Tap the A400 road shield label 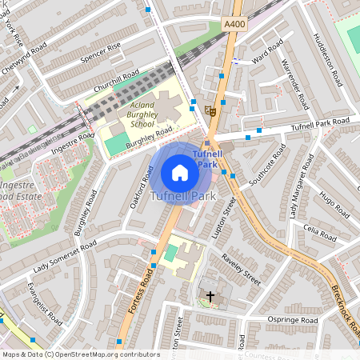point(234,25)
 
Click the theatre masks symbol point(210,110)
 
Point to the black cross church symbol point(210,297)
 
